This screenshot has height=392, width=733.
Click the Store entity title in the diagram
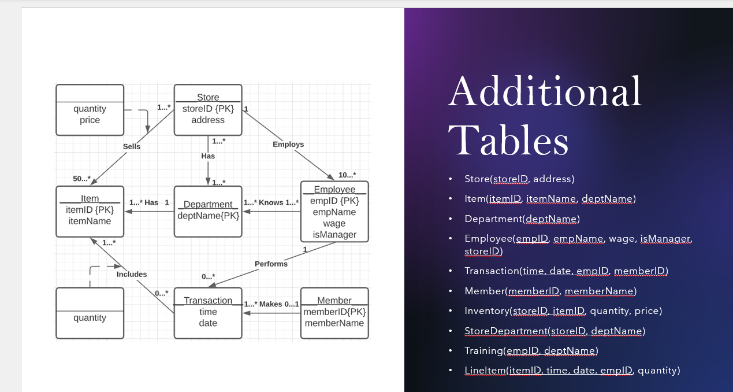point(208,97)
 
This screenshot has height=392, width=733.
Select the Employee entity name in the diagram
point(334,190)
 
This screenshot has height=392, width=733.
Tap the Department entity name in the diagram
point(208,204)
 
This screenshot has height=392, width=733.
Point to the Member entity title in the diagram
point(334,301)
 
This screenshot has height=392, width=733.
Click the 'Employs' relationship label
point(288,145)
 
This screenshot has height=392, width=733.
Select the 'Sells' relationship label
point(132,147)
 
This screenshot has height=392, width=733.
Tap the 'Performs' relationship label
point(271,264)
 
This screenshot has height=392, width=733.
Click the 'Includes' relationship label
point(132,274)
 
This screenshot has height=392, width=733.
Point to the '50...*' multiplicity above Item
point(81,179)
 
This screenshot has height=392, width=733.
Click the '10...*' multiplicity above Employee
point(347,175)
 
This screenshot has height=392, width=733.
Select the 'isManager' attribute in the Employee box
point(334,235)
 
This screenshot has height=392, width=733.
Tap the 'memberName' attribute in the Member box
point(334,323)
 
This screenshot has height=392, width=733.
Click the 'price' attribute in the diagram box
point(90,120)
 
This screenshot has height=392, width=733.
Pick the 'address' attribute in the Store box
point(208,120)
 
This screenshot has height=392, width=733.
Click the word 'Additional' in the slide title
point(545,91)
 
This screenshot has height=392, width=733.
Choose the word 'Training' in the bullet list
point(483,351)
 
